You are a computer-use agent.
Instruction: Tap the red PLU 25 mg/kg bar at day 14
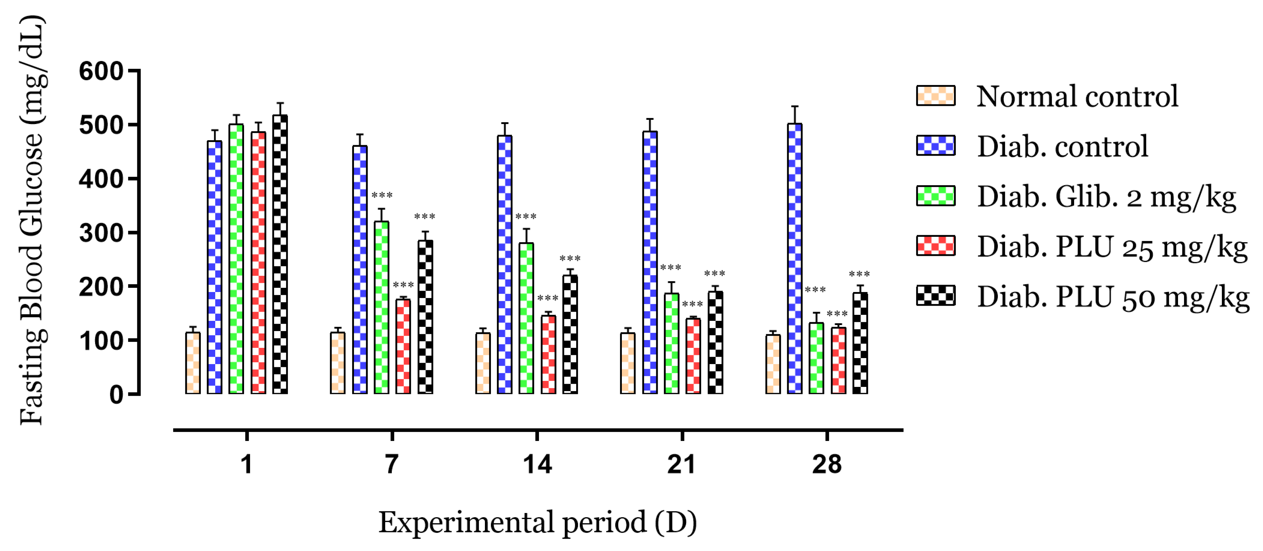coord(548,354)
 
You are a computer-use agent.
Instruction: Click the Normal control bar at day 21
coord(627,363)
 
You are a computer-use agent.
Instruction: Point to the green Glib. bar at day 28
coord(816,358)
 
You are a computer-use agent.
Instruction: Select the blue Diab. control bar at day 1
coord(214,267)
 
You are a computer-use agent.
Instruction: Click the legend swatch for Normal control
coord(935,96)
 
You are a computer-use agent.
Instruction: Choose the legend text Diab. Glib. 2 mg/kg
coord(1106,197)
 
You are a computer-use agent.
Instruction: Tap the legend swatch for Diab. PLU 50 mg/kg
coord(935,296)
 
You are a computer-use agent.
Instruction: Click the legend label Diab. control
coord(1062,146)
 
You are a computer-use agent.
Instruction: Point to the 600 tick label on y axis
coord(101,72)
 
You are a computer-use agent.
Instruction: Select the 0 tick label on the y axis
coord(116,395)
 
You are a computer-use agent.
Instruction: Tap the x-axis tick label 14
coord(537,464)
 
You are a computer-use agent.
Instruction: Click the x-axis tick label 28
coord(827,464)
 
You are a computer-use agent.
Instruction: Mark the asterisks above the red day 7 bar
coord(403,285)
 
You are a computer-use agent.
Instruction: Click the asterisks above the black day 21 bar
coord(714,274)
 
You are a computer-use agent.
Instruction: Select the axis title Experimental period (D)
coord(537,523)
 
